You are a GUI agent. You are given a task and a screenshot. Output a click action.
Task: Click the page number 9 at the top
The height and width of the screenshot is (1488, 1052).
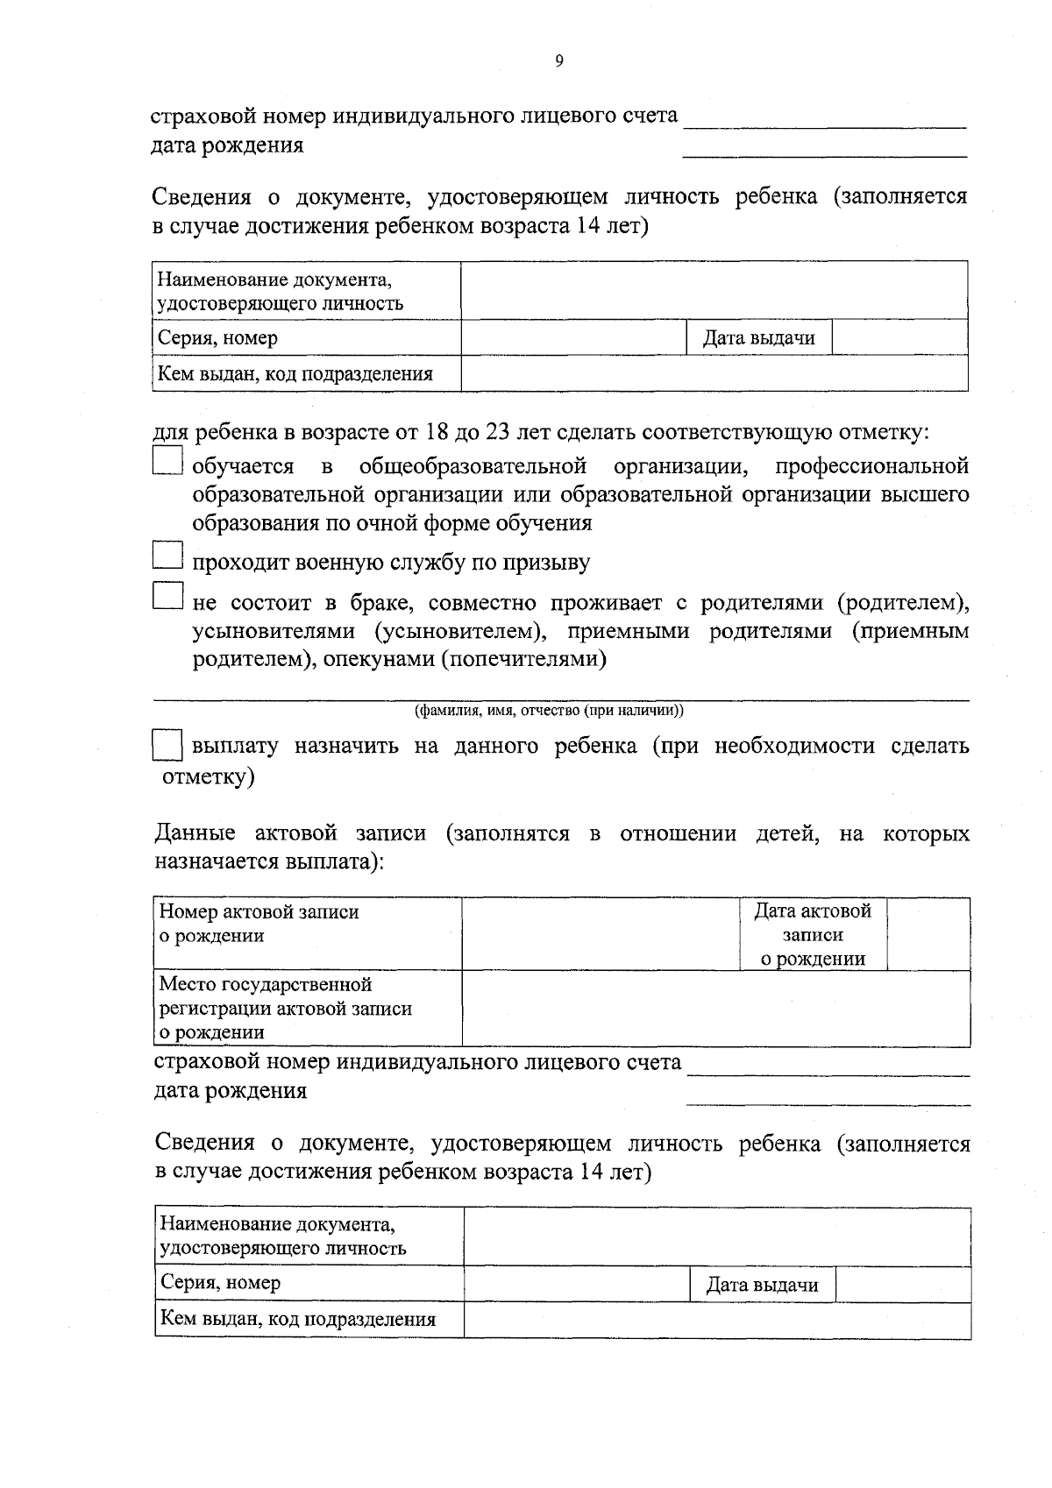click(x=559, y=60)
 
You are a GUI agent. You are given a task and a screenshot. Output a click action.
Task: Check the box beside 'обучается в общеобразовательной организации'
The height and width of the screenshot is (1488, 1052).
click(x=167, y=462)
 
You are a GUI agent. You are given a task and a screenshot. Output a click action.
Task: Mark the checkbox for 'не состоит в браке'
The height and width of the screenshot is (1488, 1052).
click(x=167, y=596)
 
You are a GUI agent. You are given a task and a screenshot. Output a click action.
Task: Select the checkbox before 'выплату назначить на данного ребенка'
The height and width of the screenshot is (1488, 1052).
click(x=167, y=746)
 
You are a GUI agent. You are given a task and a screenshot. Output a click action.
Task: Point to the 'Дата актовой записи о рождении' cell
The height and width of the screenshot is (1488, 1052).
click(x=812, y=934)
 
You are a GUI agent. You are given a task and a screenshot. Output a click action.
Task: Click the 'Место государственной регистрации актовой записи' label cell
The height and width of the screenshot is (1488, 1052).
click(x=308, y=1008)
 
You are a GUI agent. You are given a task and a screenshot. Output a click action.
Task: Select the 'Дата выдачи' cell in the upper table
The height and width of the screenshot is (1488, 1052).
click(x=758, y=337)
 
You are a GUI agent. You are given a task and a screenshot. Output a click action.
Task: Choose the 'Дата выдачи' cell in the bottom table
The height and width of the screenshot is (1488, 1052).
click(x=762, y=1285)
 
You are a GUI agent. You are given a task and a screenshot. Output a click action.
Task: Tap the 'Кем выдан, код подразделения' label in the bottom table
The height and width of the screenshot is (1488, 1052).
click(x=297, y=1319)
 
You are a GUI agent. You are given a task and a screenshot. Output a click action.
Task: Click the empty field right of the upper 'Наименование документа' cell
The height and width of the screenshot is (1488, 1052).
click(x=714, y=291)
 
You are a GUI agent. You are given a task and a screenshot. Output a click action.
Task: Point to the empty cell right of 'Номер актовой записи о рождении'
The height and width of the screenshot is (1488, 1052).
click(x=601, y=934)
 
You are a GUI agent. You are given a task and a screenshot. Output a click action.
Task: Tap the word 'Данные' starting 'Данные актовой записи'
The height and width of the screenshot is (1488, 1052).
click(x=195, y=833)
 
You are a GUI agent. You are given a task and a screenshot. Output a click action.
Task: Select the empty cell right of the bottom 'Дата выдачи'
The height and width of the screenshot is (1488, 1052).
click(x=902, y=1285)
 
